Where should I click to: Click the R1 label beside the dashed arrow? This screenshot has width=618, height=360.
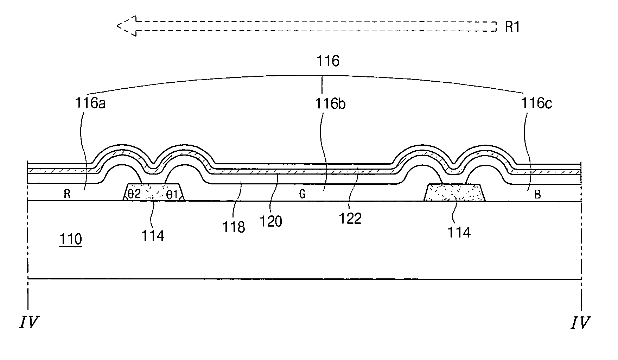point(512,27)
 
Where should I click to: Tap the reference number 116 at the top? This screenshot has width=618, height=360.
point(328,61)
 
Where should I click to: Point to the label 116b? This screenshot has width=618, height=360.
point(330,104)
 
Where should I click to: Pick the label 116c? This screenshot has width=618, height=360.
point(536,103)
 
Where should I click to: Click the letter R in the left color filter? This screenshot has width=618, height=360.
point(67,194)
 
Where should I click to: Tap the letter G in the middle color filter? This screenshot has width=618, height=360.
point(302,195)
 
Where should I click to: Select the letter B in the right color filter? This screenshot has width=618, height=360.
point(537,195)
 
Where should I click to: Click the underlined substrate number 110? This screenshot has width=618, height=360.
point(70,240)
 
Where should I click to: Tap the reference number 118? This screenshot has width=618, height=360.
point(234,227)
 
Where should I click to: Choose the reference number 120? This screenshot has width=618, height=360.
point(270,221)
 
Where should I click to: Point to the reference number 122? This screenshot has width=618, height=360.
point(351,219)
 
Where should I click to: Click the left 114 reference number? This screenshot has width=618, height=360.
point(153,235)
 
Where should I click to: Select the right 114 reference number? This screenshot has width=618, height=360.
point(459,232)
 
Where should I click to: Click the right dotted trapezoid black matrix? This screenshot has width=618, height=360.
point(454,192)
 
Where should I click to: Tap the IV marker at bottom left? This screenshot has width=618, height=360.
point(28,322)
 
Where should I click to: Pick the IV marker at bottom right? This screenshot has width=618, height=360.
point(580,322)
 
